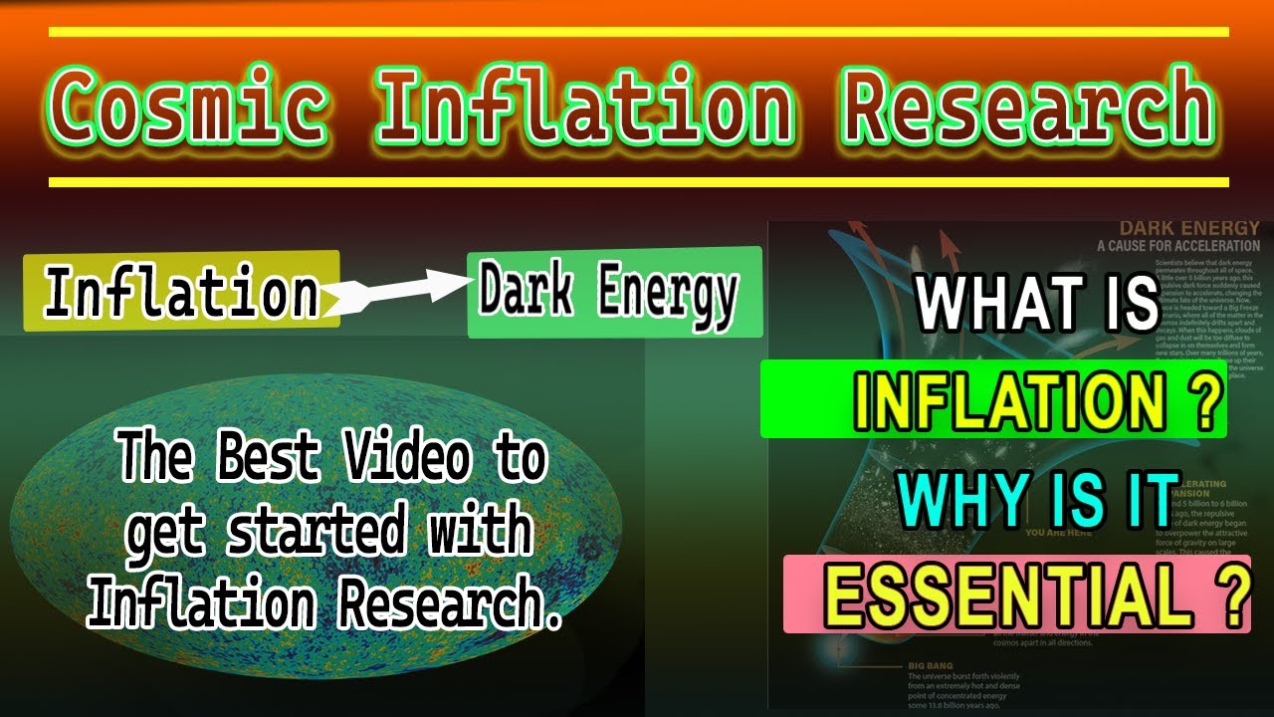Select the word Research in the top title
(1029, 107)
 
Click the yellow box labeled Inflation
(181, 291)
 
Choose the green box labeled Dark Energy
(614, 293)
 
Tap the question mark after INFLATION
(1204, 400)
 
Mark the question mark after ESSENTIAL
(1230, 594)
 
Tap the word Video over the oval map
(404, 460)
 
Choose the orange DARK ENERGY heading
(1188, 228)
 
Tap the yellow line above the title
(637, 32)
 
